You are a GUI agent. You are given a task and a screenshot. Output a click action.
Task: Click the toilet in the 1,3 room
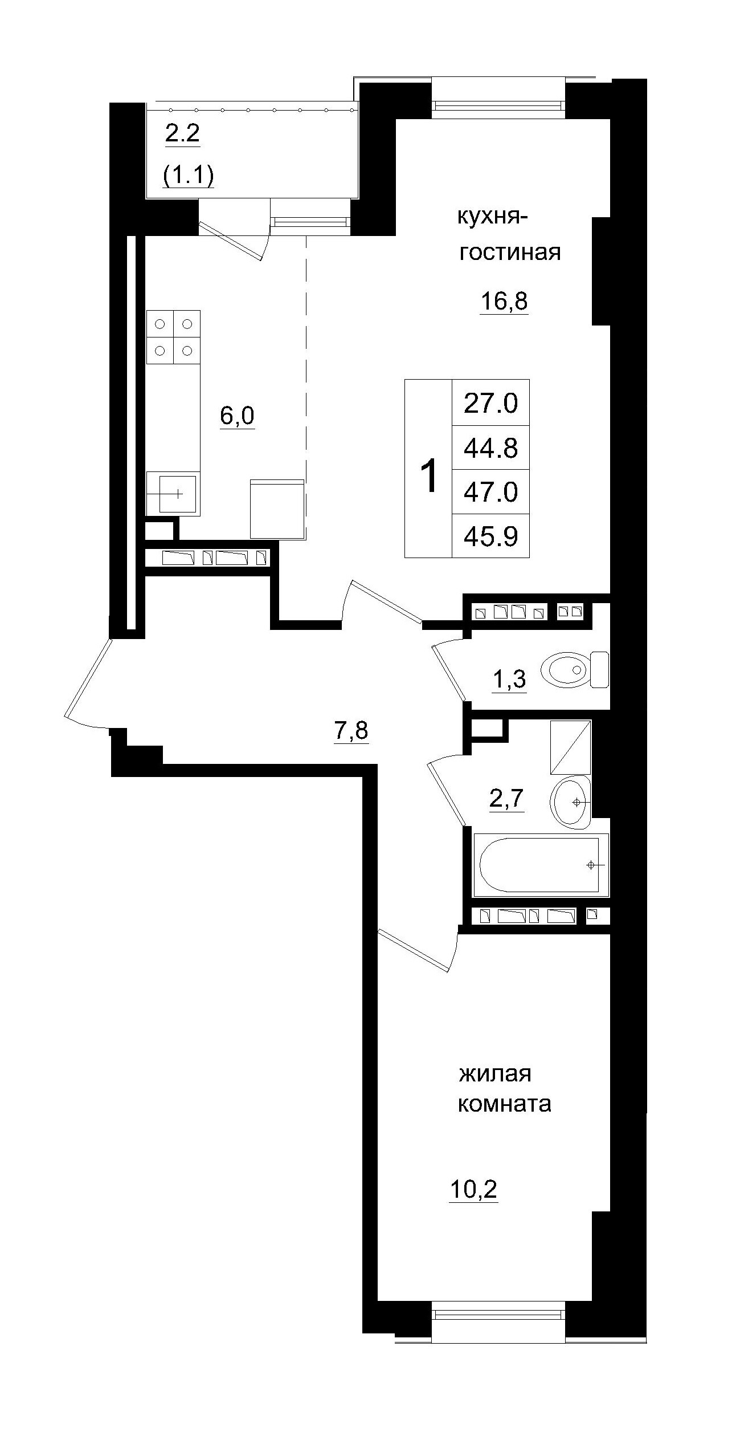pos(573,669)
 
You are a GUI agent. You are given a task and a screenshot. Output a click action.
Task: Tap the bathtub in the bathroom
pos(540,865)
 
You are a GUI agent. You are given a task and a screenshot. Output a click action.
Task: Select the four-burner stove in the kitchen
pos(173,337)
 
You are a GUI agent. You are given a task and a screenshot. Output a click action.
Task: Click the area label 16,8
pos(504,302)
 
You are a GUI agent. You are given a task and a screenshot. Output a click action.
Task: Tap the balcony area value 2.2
pos(182,135)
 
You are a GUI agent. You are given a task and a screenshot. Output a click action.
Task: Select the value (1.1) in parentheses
pos(189,176)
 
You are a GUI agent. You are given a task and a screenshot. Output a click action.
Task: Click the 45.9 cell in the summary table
pos(490,536)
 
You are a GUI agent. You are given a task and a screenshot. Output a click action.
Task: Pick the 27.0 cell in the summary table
pos(490,403)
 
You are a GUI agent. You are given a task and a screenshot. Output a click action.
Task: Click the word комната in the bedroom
pos(504,1104)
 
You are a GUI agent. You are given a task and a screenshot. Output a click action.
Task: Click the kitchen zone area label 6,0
pos(237,416)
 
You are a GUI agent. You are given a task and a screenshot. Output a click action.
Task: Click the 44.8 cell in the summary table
pos(490,448)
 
